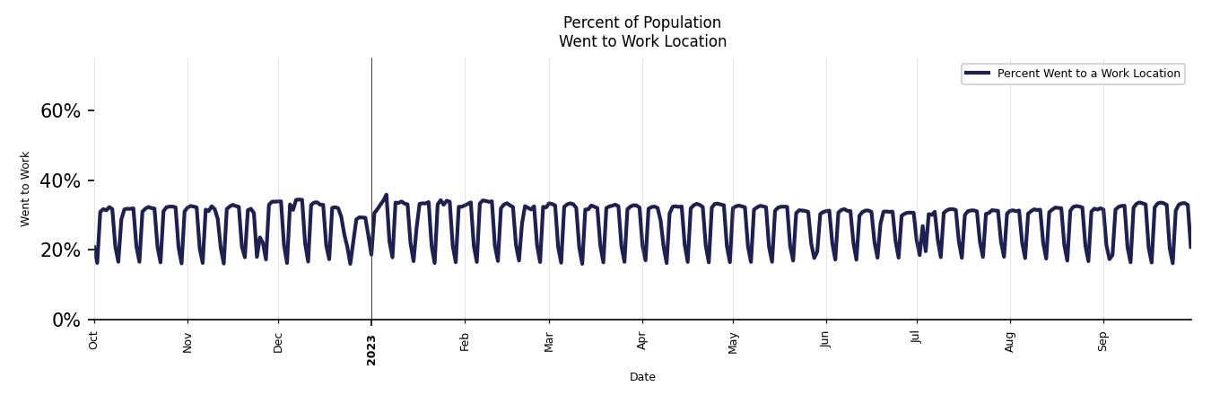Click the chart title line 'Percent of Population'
click(x=641, y=22)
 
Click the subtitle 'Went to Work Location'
click(x=642, y=41)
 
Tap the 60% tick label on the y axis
click(x=60, y=111)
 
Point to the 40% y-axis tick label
click(x=60, y=181)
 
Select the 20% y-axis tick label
click(x=60, y=250)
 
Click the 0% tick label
click(x=66, y=321)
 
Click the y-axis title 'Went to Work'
click(x=25, y=189)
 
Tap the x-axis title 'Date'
click(x=642, y=377)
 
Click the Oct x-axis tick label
click(x=94, y=340)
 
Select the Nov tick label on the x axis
click(x=187, y=342)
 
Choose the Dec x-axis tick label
click(x=278, y=342)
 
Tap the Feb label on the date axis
click(x=465, y=341)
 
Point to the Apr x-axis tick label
click(x=642, y=340)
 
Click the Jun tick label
click(x=825, y=340)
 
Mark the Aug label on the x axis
click(x=1010, y=342)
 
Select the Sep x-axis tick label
click(x=1103, y=341)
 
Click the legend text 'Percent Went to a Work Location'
click(x=1088, y=74)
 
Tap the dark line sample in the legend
click(x=978, y=74)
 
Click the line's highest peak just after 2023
click(x=387, y=195)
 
